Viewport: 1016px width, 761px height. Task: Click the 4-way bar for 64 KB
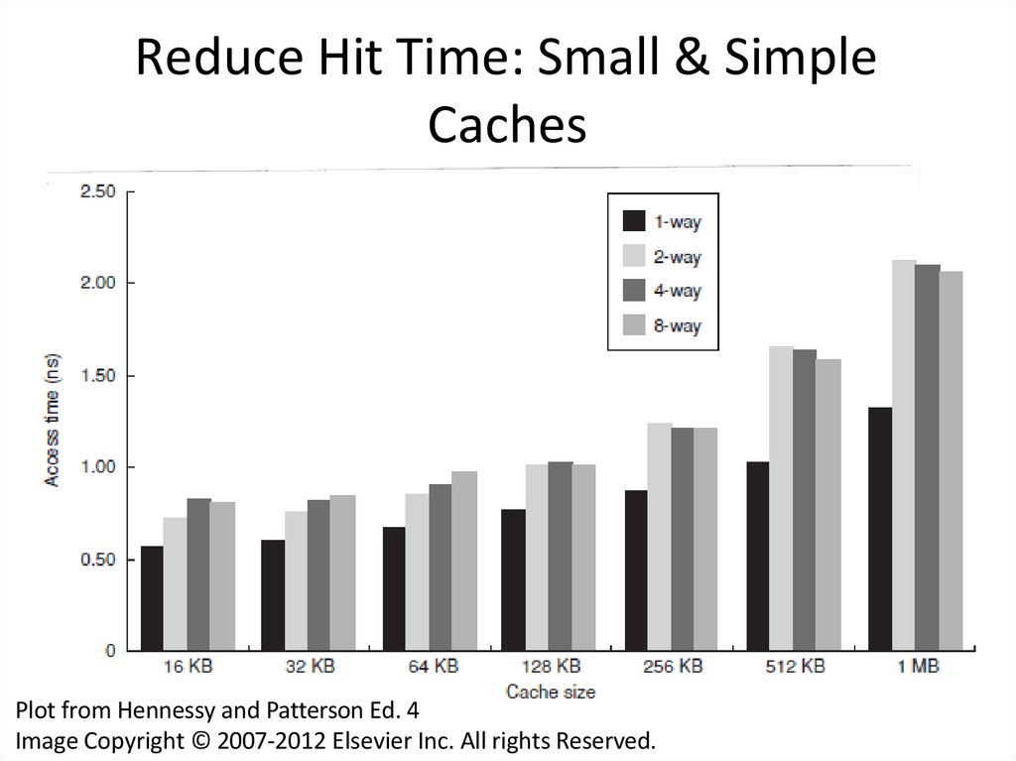[x=440, y=567]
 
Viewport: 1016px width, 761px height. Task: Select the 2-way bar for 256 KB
[x=660, y=536]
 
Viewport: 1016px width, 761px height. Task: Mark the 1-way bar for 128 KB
[x=513, y=579]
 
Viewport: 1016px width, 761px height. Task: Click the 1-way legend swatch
[x=634, y=221]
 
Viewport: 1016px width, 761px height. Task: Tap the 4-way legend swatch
[x=634, y=290]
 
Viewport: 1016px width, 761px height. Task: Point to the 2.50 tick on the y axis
[x=96, y=191]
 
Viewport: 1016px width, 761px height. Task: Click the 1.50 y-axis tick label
[x=96, y=376]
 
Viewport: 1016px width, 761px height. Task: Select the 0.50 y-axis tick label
[x=96, y=560]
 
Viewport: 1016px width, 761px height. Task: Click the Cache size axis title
[x=551, y=692]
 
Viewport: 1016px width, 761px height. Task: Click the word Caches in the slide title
[x=507, y=126]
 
